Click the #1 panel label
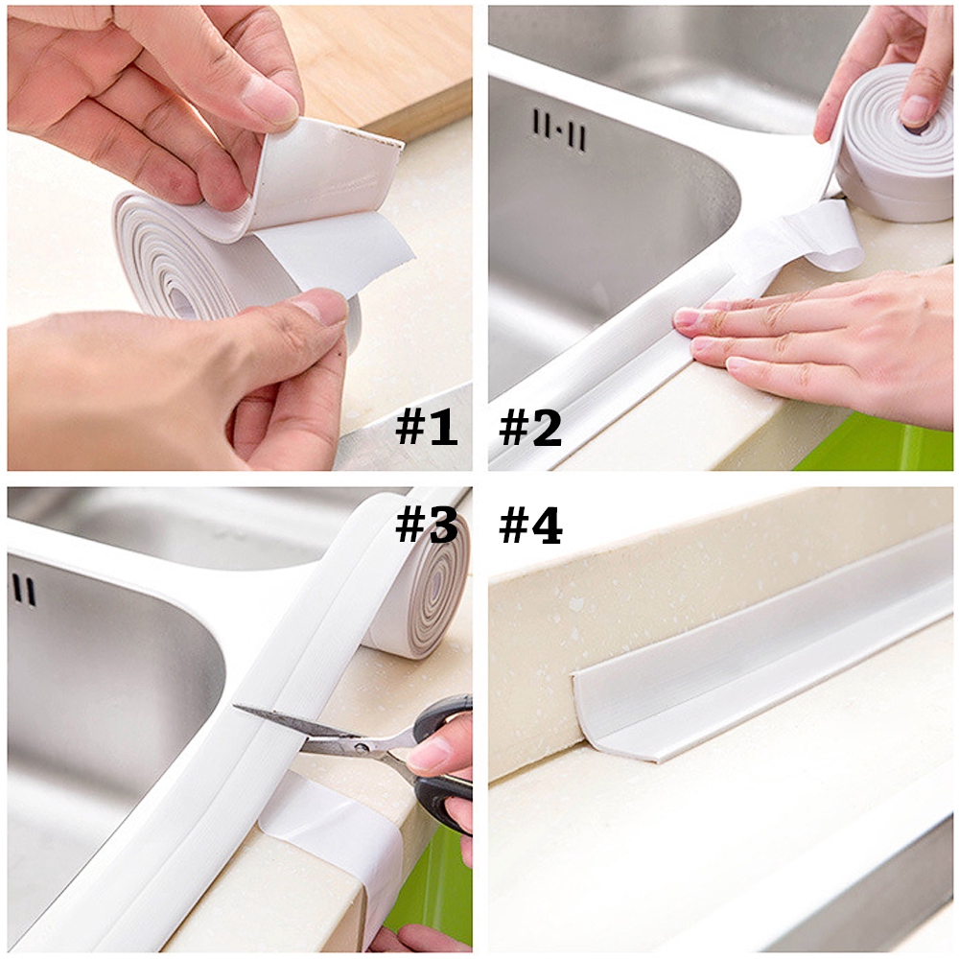(427, 429)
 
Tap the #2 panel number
(530, 429)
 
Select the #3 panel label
(427, 526)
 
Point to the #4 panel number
(530, 526)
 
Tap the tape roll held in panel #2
(897, 144)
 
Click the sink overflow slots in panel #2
(559, 129)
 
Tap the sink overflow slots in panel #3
(24, 590)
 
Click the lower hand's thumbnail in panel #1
(321, 307)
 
